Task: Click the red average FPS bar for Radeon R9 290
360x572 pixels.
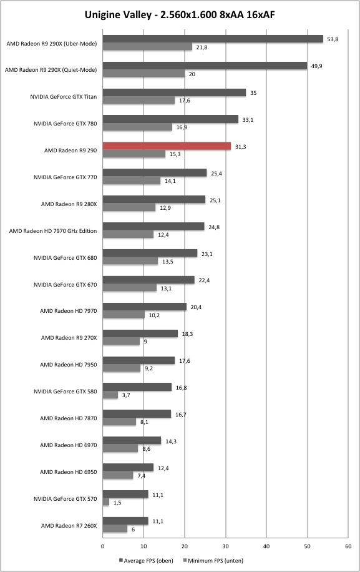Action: point(167,146)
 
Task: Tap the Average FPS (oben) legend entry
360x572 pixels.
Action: point(146,560)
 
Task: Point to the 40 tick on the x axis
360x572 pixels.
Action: point(266,546)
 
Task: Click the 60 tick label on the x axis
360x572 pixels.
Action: point(348,546)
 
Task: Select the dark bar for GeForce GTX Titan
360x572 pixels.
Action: point(174,92)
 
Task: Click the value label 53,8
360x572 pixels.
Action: point(333,39)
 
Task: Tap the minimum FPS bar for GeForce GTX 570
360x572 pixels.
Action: point(105,502)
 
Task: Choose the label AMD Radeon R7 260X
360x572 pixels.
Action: point(69,526)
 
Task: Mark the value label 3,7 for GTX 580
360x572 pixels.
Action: point(126,395)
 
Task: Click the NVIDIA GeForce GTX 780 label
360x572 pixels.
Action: point(66,124)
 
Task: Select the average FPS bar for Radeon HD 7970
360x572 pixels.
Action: point(145,307)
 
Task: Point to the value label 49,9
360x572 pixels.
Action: point(317,66)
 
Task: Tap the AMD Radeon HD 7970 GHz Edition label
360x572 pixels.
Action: point(53,231)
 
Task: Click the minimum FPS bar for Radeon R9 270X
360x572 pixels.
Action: point(121,342)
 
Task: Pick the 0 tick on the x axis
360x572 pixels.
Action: point(103,546)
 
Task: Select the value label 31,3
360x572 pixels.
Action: point(240,147)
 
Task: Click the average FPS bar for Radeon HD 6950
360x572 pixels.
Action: point(129,467)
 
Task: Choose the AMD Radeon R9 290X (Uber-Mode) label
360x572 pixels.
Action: point(52,44)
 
